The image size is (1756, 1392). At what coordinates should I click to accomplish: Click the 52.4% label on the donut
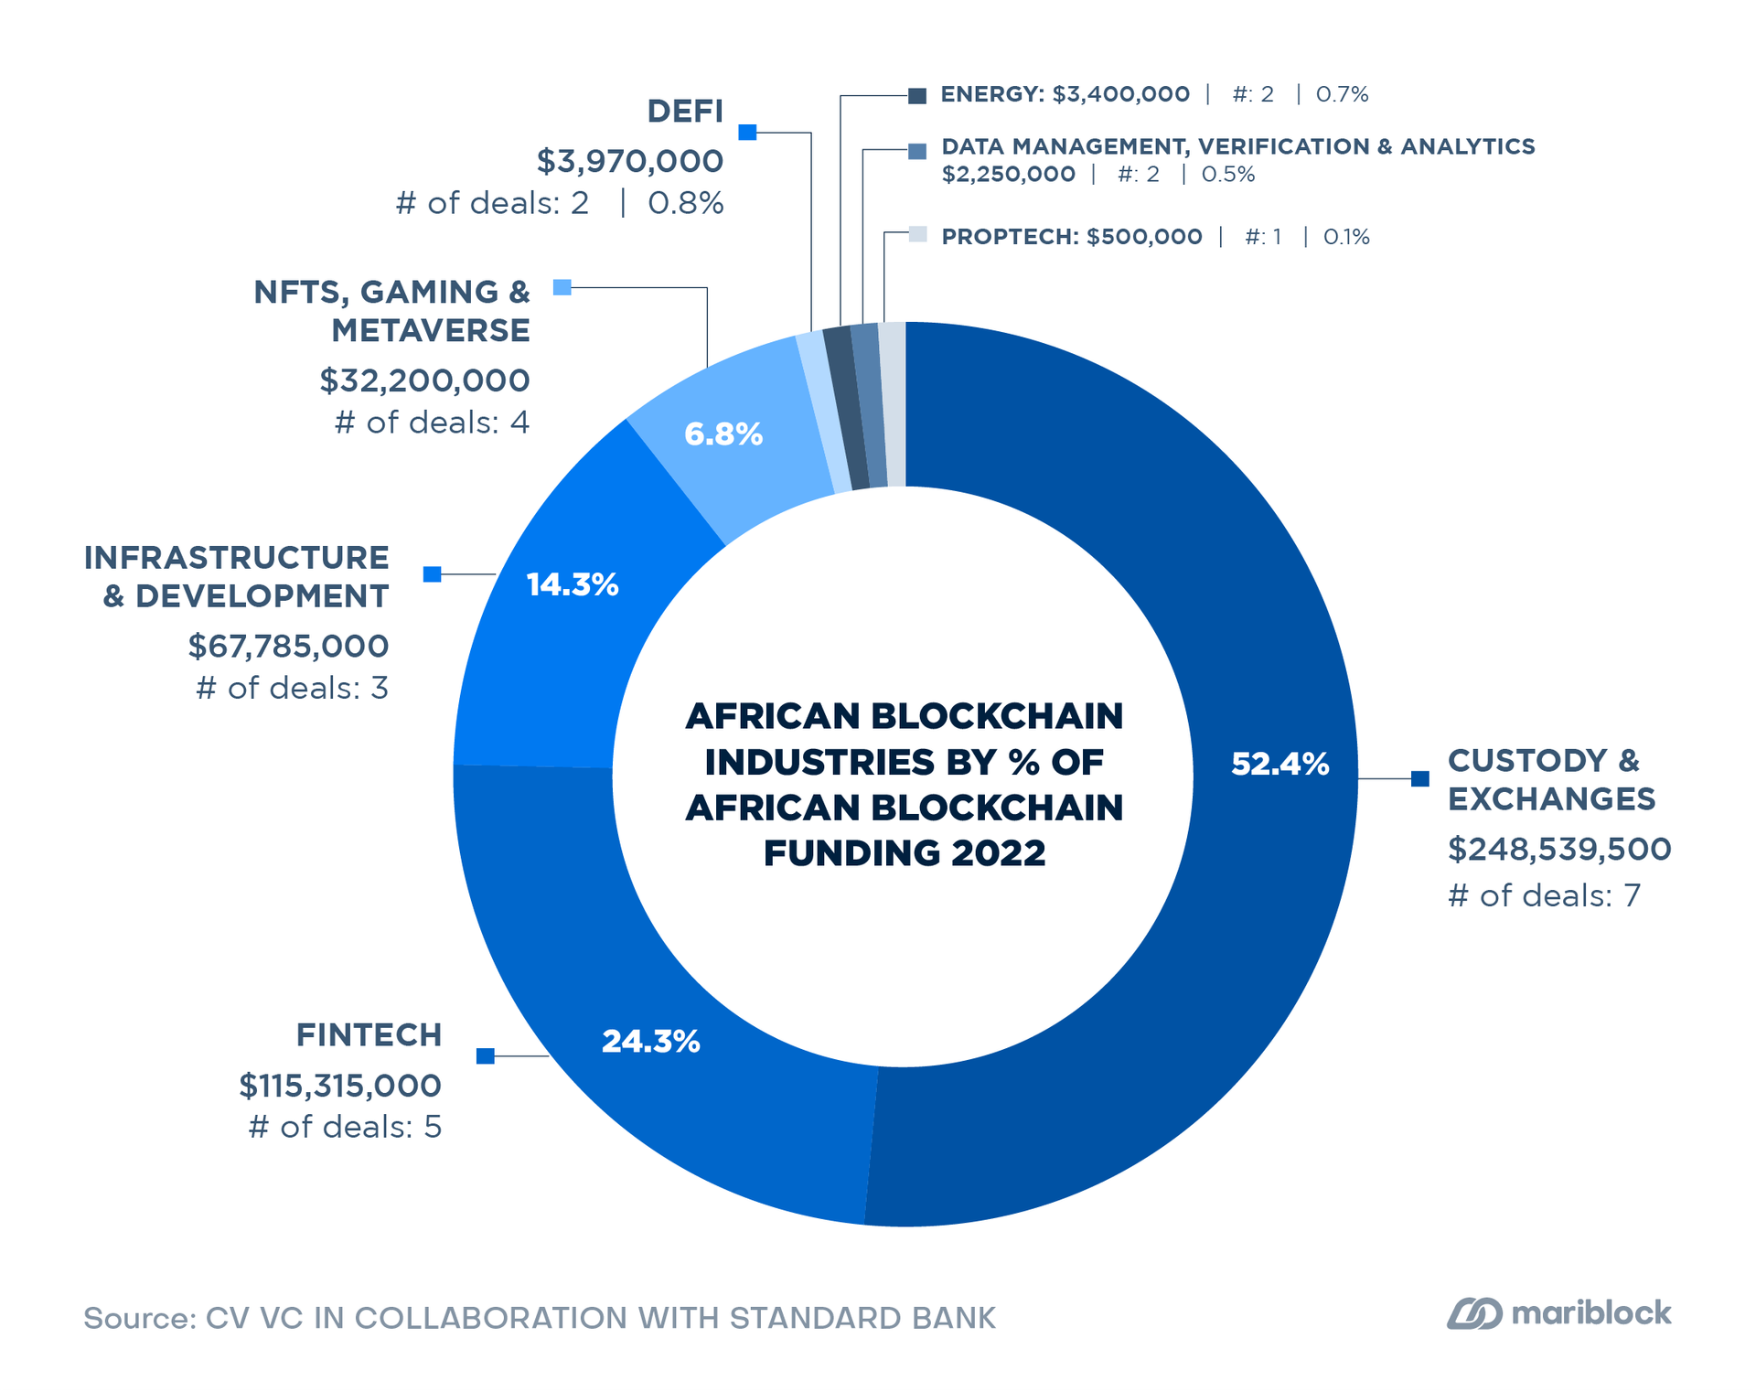tap(1280, 764)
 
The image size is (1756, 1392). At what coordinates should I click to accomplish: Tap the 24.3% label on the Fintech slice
tap(650, 1041)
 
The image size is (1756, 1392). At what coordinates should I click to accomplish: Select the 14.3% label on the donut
tap(573, 584)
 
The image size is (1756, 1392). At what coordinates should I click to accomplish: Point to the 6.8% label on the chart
tap(723, 434)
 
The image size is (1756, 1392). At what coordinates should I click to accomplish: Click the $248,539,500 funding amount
tap(1558, 849)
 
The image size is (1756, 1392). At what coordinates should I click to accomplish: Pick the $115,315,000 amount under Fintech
tap(340, 1086)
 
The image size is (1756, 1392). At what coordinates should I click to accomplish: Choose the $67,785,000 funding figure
tap(288, 646)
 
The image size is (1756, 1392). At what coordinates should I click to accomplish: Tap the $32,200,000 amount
tap(424, 380)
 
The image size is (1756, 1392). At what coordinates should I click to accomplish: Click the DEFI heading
tap(685, 112)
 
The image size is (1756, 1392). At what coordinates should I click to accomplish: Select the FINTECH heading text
tap(369, 1034)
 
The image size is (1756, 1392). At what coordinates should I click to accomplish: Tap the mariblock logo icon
tap(1473, 1314)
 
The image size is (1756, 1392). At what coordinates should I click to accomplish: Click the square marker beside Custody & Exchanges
tap(1419, 778)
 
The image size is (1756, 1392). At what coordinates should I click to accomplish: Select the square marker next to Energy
tap(917, 95)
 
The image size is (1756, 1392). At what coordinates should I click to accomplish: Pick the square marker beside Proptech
tap(918, 235)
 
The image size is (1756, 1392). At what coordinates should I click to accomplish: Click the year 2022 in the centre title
tap(998, 853)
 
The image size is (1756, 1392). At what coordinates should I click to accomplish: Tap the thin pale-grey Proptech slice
tap(893, 403)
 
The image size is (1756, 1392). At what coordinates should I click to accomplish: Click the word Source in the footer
tap(138, 1318)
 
